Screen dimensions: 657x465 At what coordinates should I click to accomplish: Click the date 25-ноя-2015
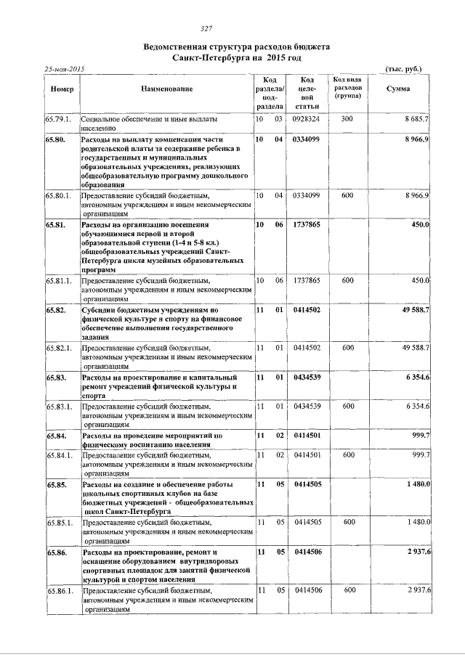(x=65, y=69)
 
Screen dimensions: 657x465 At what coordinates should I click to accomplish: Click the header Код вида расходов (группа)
(x=347, y=88)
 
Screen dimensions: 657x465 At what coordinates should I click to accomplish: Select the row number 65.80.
(x=56, y=138)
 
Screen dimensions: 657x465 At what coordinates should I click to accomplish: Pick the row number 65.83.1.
(x=60, y=406)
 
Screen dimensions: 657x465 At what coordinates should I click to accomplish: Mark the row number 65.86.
(x=56, y=552)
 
